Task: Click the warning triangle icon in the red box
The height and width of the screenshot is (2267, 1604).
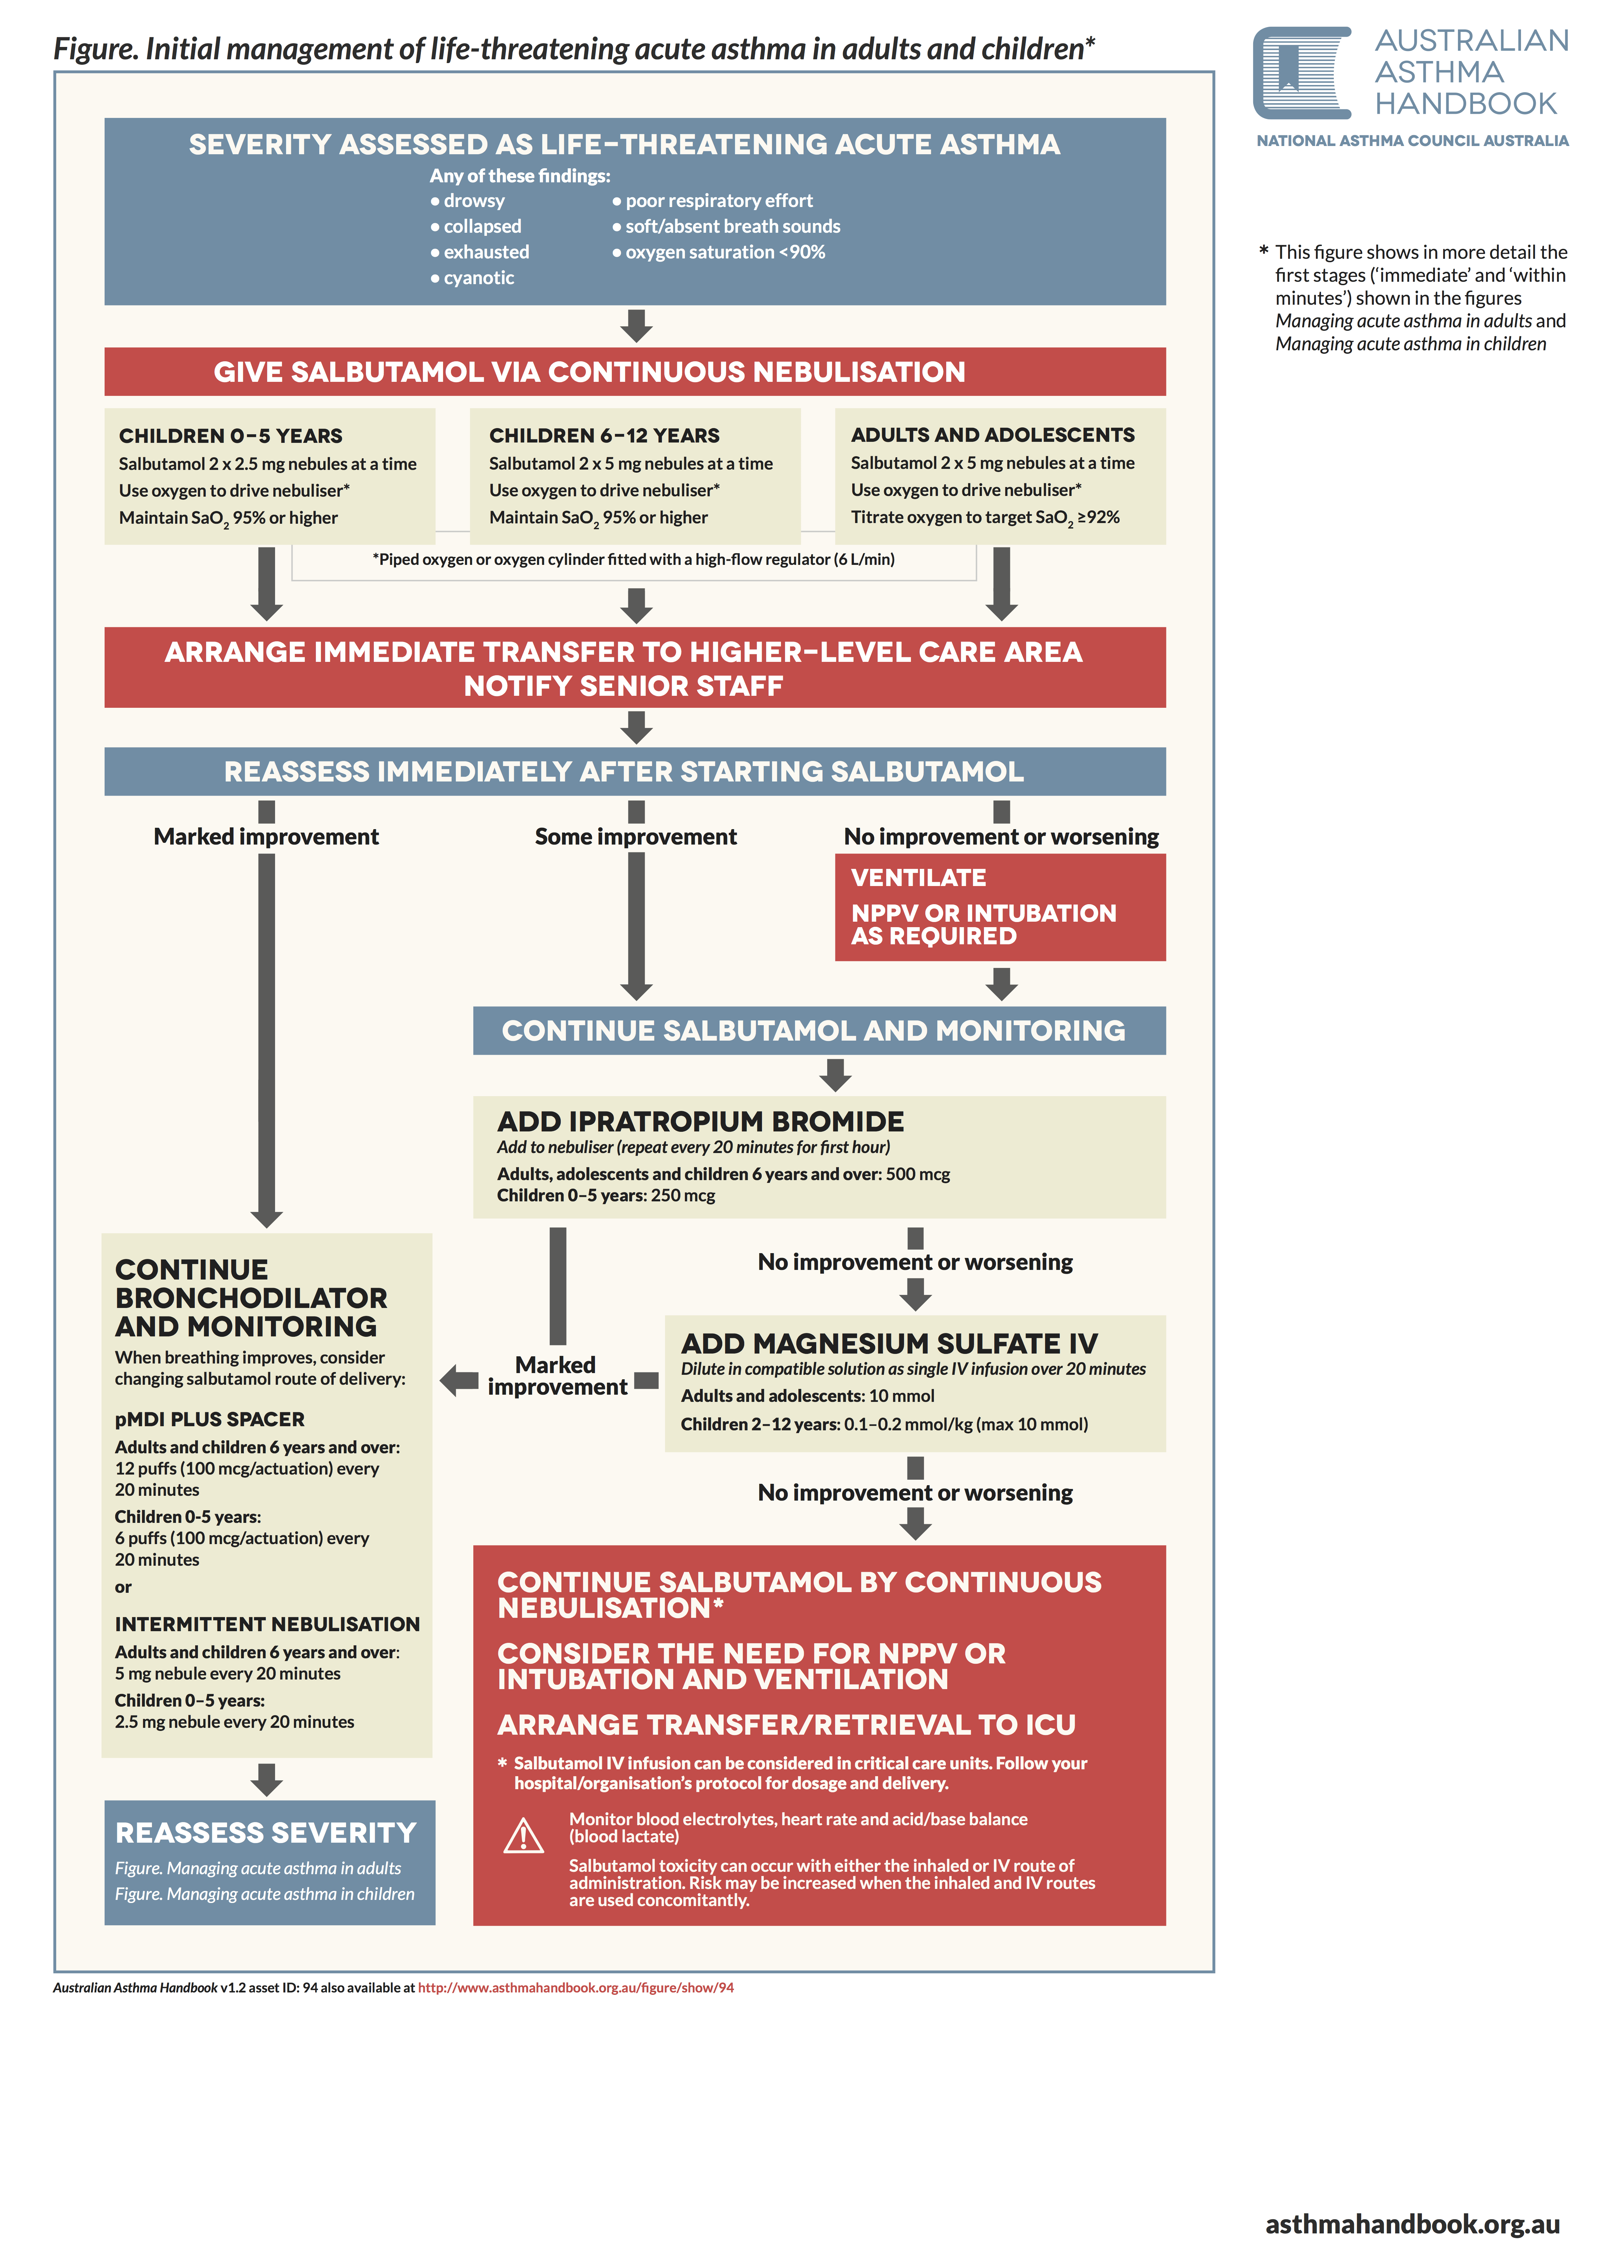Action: pyautogui.click(x=523, y=1836)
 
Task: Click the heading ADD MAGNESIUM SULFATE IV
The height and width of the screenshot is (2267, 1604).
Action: pyautogui.click(x=889, y=1344)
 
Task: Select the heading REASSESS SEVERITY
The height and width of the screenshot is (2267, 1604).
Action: pyautogui.click(x=266, y=1833)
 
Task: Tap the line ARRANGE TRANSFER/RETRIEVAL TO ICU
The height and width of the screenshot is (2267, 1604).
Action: pyautogui.click(x=786, y=1725)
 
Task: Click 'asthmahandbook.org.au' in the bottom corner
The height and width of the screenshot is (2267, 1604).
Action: pyautogui.click(x=1411, y=2224)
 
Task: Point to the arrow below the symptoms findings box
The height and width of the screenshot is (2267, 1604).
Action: pyautogui.click(x=636, y=325)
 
